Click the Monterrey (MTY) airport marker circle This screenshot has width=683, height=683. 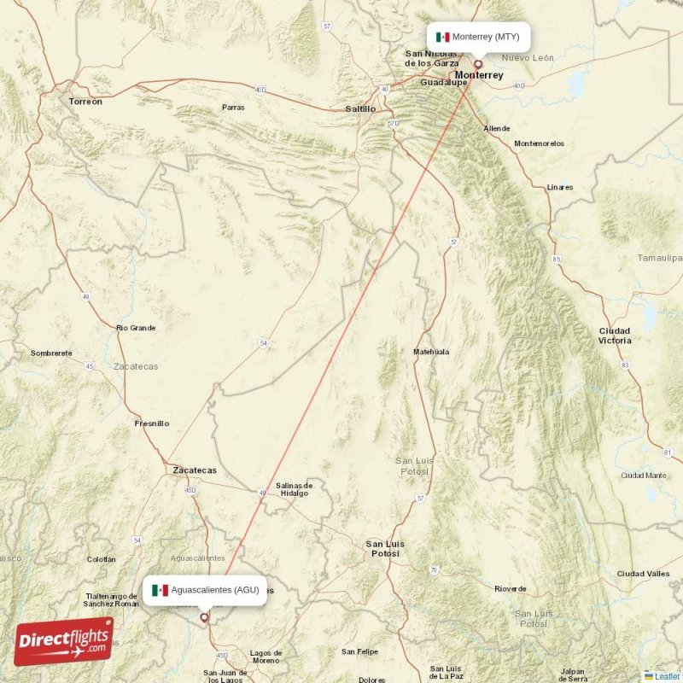[478, 63]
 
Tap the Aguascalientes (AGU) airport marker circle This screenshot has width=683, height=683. [204, 616]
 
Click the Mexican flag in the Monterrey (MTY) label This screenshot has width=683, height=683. [442, 37]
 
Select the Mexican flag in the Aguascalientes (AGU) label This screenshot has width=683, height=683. [160, 590]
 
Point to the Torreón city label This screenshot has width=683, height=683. [85, 102]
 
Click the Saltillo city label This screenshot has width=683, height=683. [360, 109]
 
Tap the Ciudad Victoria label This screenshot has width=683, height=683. [615, 336]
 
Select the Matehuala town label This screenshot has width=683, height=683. [430, 352]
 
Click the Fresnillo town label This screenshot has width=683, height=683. [152, 423]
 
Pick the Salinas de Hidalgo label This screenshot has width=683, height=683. [295, 490]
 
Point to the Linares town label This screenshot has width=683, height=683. [560, 187]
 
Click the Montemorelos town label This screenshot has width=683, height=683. [540, 143]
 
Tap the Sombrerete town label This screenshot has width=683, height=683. [50, 353]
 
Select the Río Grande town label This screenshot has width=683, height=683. [136, 328]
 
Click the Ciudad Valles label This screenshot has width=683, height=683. [644, 574]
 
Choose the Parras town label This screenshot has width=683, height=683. [233, 108]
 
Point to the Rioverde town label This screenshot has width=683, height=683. [511, 589]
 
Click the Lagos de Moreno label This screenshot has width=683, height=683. [266, 657]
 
